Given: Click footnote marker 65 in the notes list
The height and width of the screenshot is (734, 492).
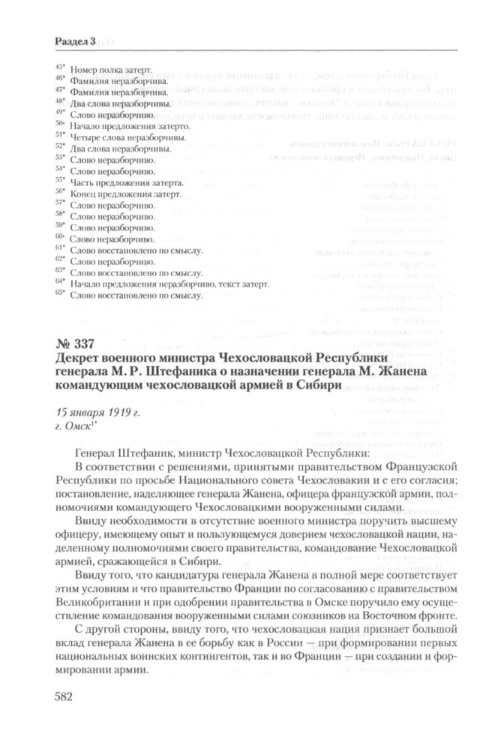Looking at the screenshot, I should (60, 294).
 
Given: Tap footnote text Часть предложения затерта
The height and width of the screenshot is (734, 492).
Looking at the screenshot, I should (127, 182).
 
